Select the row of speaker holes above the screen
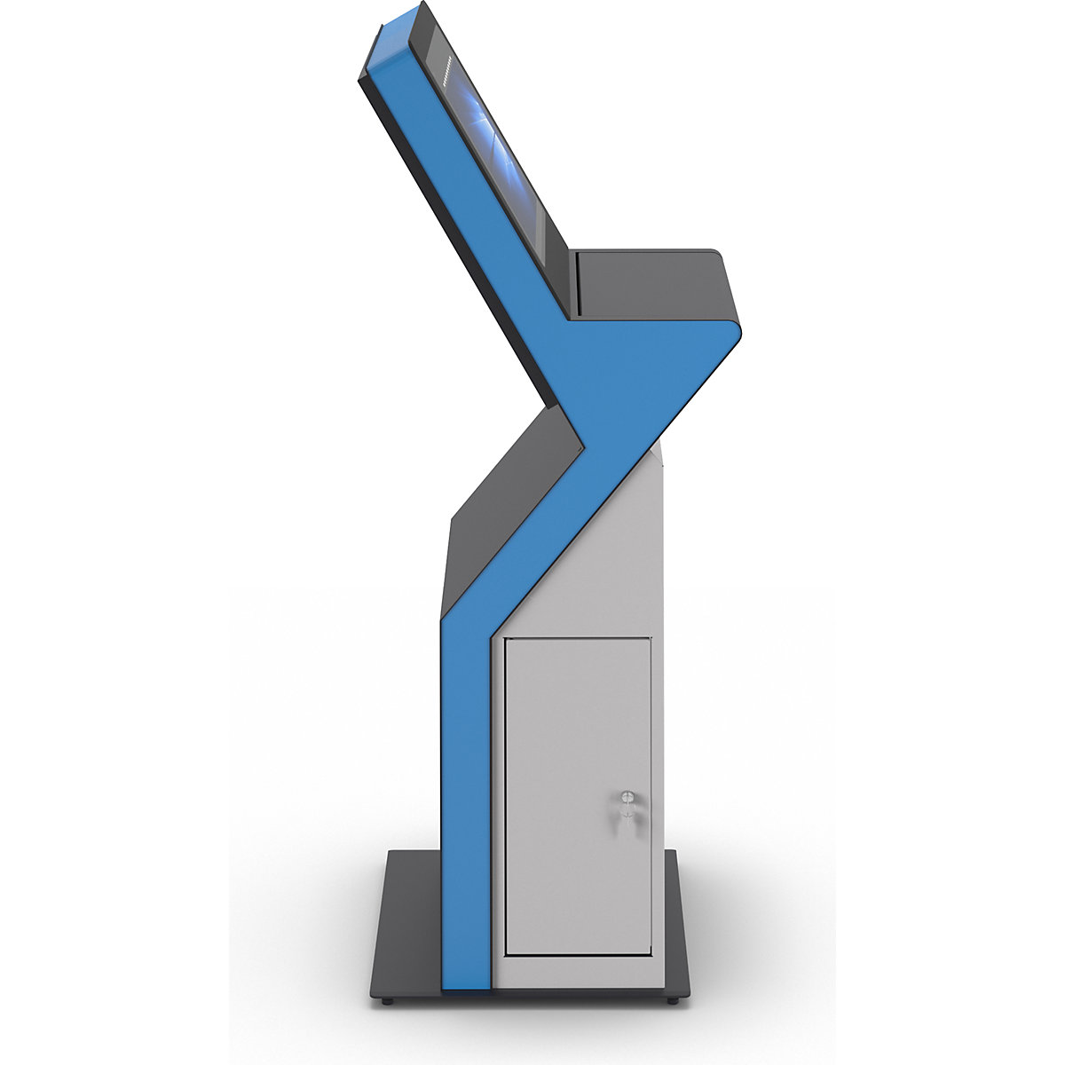445,67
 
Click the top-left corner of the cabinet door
506,638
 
